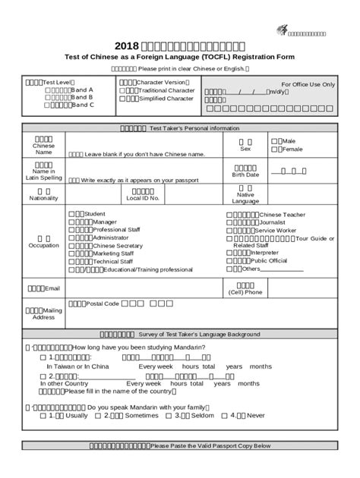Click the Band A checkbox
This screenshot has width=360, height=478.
pos(48,90)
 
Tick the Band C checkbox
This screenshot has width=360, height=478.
pos(48,105)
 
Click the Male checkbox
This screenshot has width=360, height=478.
pos(279,141)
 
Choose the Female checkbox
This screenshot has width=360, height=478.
pos(279,149)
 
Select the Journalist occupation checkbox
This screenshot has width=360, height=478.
pos(229,222)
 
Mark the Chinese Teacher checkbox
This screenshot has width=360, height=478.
pos(229,215)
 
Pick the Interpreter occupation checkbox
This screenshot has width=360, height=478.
pos(229,253)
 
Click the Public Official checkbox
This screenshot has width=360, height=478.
pos(229,260)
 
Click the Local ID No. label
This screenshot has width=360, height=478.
pos(142,199)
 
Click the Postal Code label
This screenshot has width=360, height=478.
pos(103,303)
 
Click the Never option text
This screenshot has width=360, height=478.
pos(256,415)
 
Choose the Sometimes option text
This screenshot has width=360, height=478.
pos(142,415)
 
